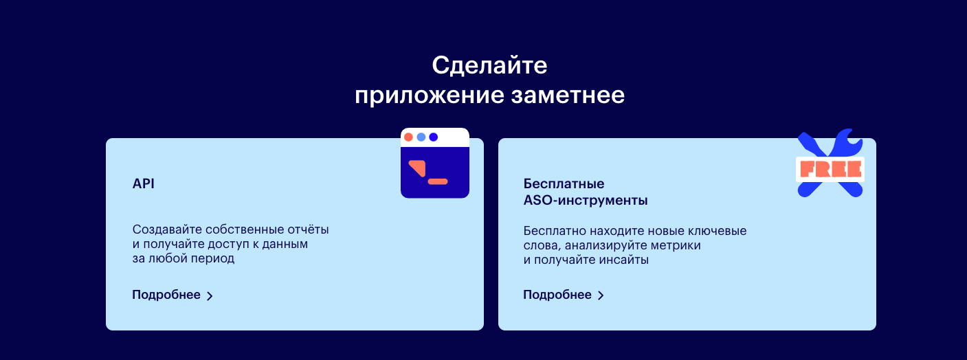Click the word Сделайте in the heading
[x=489, y=66]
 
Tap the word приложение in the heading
[x=430, y=95]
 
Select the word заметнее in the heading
[x=568, y=95]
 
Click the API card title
[x=144, y=183]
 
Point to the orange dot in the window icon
[x=408, y=137]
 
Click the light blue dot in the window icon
[x=421, y=137]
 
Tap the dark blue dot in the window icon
[x=434, y=137]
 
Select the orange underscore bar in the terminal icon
[x=438, y=182]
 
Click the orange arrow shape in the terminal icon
[x=418, y=168]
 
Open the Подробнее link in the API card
[x=166, y=295]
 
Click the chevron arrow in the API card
[x=210, y=295]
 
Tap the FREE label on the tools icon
[x=831, y=169]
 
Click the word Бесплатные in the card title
[x=564, y=184]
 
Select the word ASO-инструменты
[x=586, y=201]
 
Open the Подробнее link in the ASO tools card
[x=557, y=295]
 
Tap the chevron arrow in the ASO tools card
[x=601, y=295]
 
